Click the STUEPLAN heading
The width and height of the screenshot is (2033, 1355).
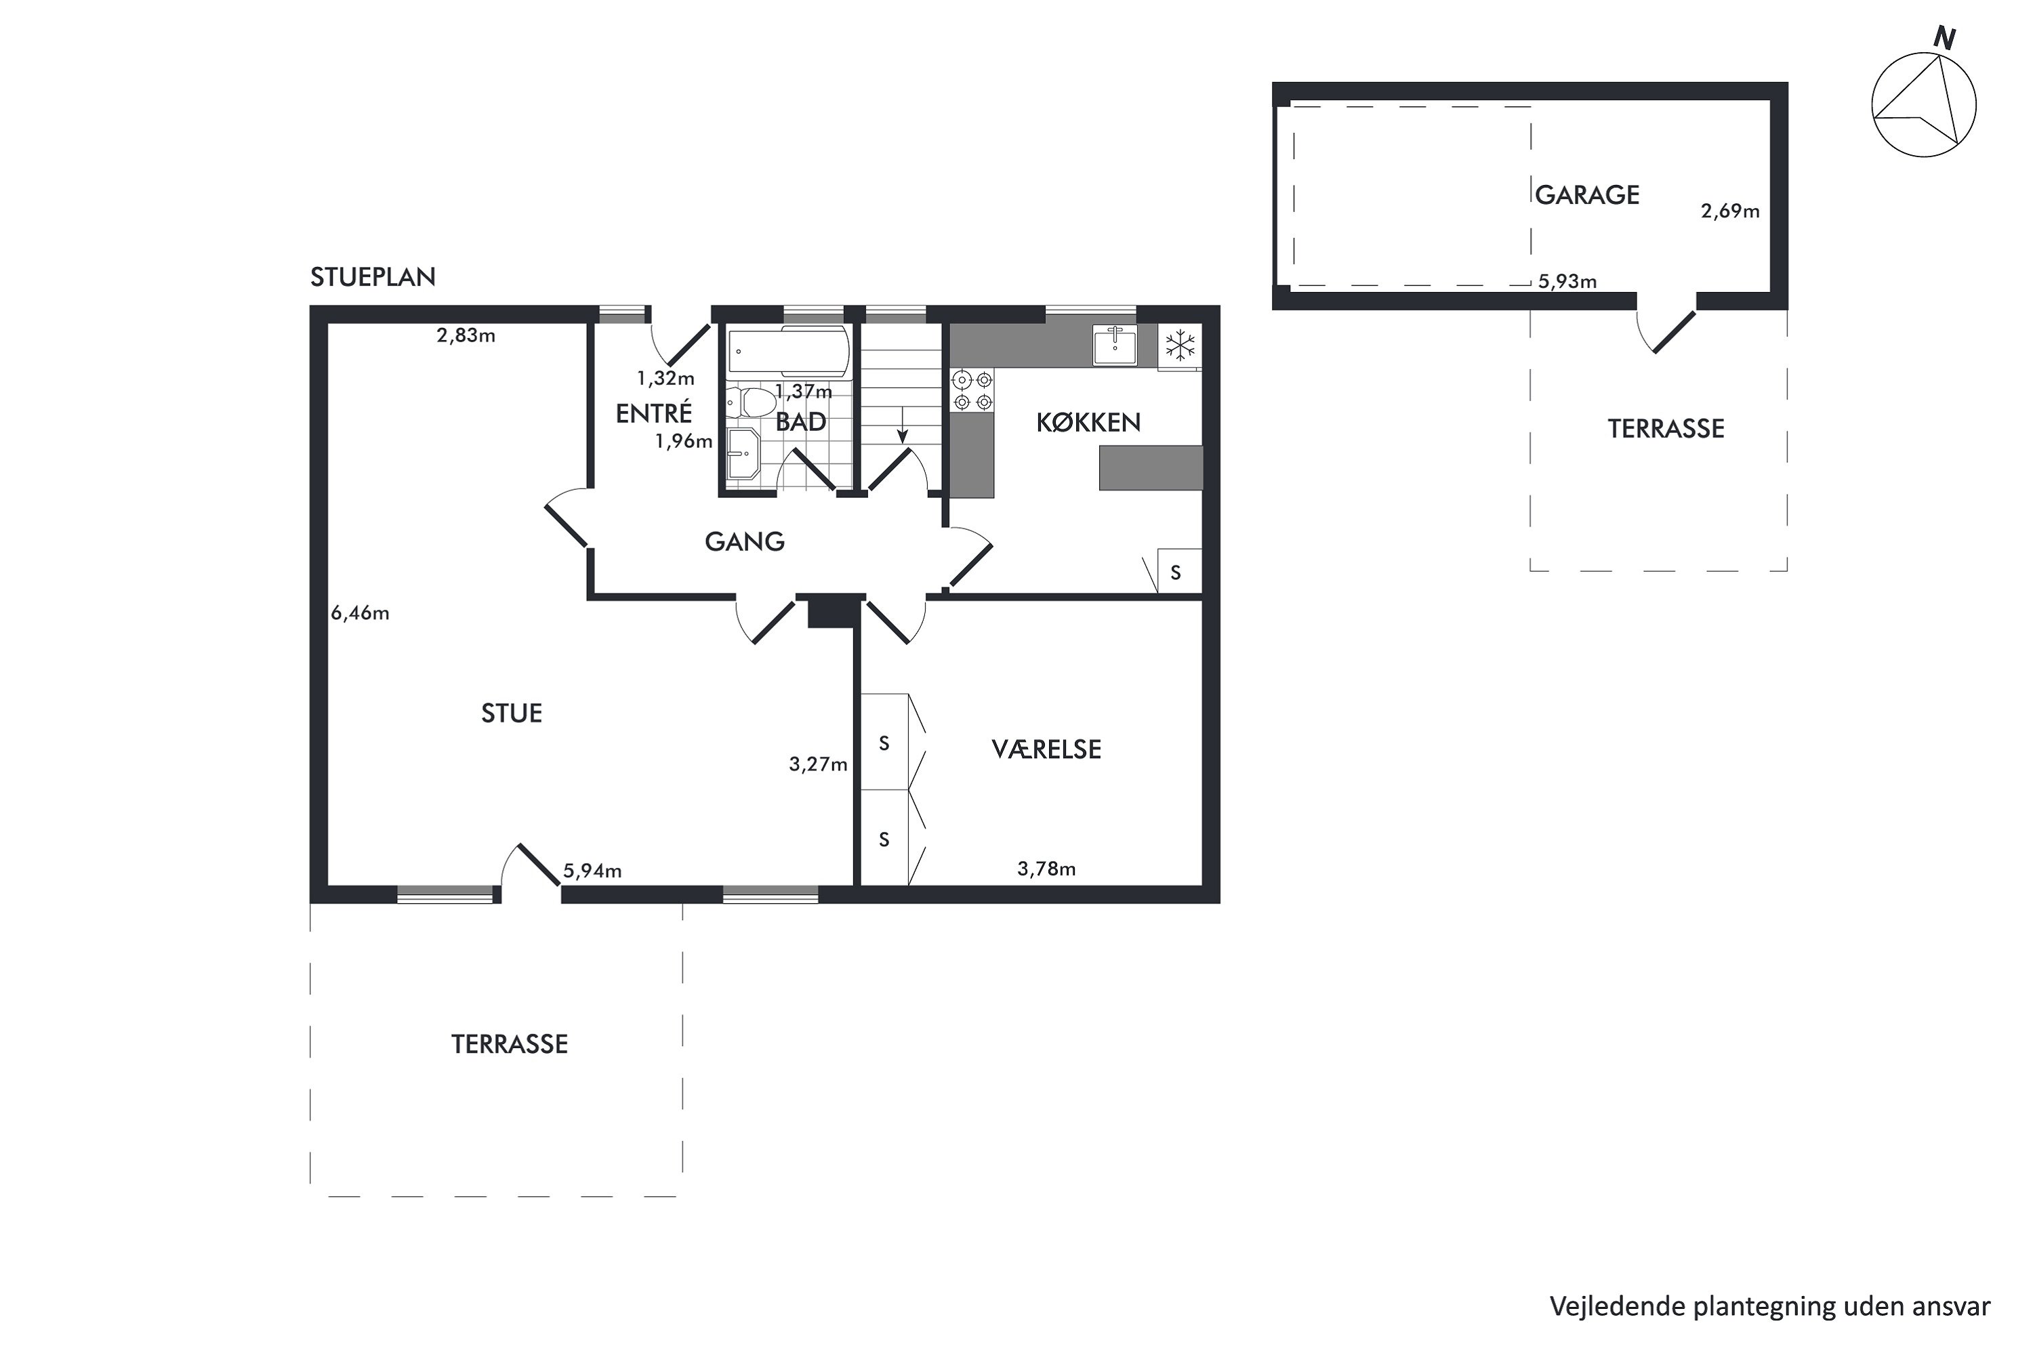(x=373, y=276)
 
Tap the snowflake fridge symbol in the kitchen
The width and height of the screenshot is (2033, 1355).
(x=1180, y=346)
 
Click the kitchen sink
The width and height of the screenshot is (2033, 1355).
(x=1115, y=345)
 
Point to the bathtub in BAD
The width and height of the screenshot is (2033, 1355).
(x=788, y=352)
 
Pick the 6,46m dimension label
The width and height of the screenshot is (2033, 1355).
(x=360, y=612)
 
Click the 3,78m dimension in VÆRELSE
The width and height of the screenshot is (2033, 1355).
(x=1046, y=869)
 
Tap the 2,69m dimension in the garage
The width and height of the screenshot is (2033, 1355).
(x=1729, y=211)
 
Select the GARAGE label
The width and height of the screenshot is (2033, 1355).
(x=1587, y=194)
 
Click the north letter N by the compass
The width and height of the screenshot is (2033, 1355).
(x=1945, y=38)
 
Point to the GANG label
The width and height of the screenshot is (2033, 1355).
(x=744, y=542)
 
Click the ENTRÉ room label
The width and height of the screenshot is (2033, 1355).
(x=653, y=412)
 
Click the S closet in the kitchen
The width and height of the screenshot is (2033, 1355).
(x=1179, y=571)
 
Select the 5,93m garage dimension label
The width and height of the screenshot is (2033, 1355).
(x=1567, y=281)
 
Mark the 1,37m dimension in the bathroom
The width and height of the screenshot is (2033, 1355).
(x=803, y=392)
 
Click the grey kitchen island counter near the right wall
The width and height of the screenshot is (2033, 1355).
(x=1151, y=467)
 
